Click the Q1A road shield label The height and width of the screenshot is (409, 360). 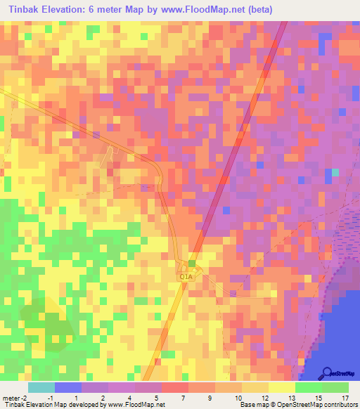[x=186, y=278]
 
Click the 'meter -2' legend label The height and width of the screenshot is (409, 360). [x=15, y=397]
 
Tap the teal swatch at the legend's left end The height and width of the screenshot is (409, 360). [x=41, y=387]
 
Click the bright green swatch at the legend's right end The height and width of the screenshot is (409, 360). [x=335, y=387]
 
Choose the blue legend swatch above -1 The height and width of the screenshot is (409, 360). [x=68, y=387]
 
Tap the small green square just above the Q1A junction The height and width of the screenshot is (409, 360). [x=191, y=262]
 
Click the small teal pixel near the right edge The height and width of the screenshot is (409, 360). [x=335, y=172]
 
